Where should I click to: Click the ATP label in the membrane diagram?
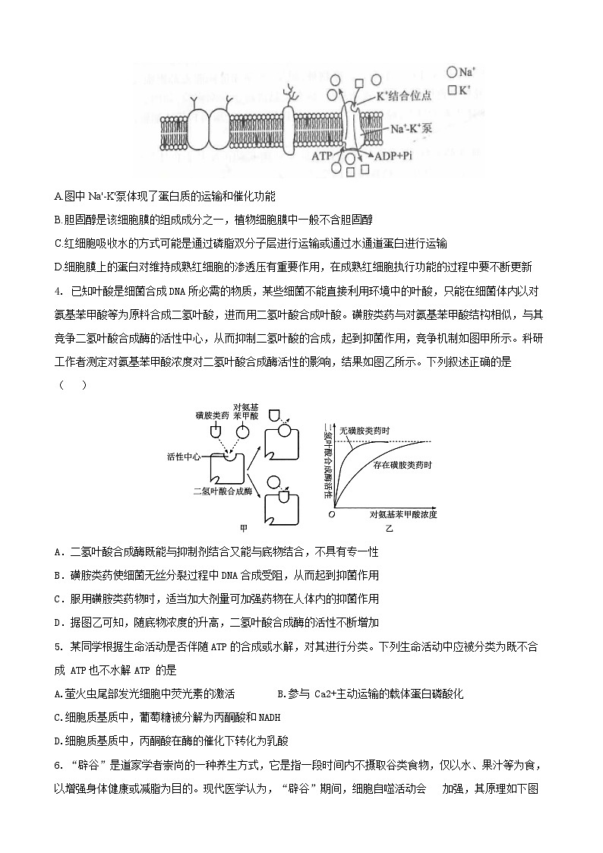(323, 154)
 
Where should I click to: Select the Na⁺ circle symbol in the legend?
(452, 72)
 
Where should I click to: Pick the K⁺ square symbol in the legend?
(452, 90)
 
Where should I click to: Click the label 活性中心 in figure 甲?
(183, 457)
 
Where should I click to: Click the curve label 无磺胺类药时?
(365, 431)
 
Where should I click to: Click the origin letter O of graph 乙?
(331, 514)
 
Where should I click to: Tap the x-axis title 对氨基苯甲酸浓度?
(403, 514)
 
